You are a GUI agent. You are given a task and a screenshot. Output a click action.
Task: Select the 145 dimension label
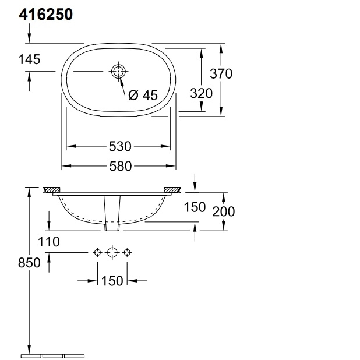click(29, 59)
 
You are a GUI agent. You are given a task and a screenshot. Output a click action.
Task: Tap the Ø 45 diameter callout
click(143, 96)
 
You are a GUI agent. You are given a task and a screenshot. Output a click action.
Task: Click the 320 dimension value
click(201, 93)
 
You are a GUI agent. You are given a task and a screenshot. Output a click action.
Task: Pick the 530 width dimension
click(119, 146)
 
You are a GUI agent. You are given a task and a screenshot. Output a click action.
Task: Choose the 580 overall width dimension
click(119, 167)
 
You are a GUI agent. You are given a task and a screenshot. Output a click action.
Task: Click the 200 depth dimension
click(223, 211)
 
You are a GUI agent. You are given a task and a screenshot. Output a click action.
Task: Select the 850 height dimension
click(29, 263)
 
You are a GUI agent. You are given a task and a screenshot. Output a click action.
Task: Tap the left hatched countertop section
click(52, 190)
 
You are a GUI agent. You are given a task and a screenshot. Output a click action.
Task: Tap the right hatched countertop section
click(172, 190)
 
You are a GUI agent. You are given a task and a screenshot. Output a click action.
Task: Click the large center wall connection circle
click(113, 252)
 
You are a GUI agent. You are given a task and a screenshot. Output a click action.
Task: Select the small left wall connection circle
click(97, 252)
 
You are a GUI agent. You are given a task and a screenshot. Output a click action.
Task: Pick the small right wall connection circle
click(129, 252)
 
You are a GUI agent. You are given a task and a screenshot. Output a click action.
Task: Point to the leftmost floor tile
click(30, 355)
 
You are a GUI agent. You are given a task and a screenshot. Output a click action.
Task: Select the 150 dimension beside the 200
click(195, 207)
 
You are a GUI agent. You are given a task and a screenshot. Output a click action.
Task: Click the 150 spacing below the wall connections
click(112, 281)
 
